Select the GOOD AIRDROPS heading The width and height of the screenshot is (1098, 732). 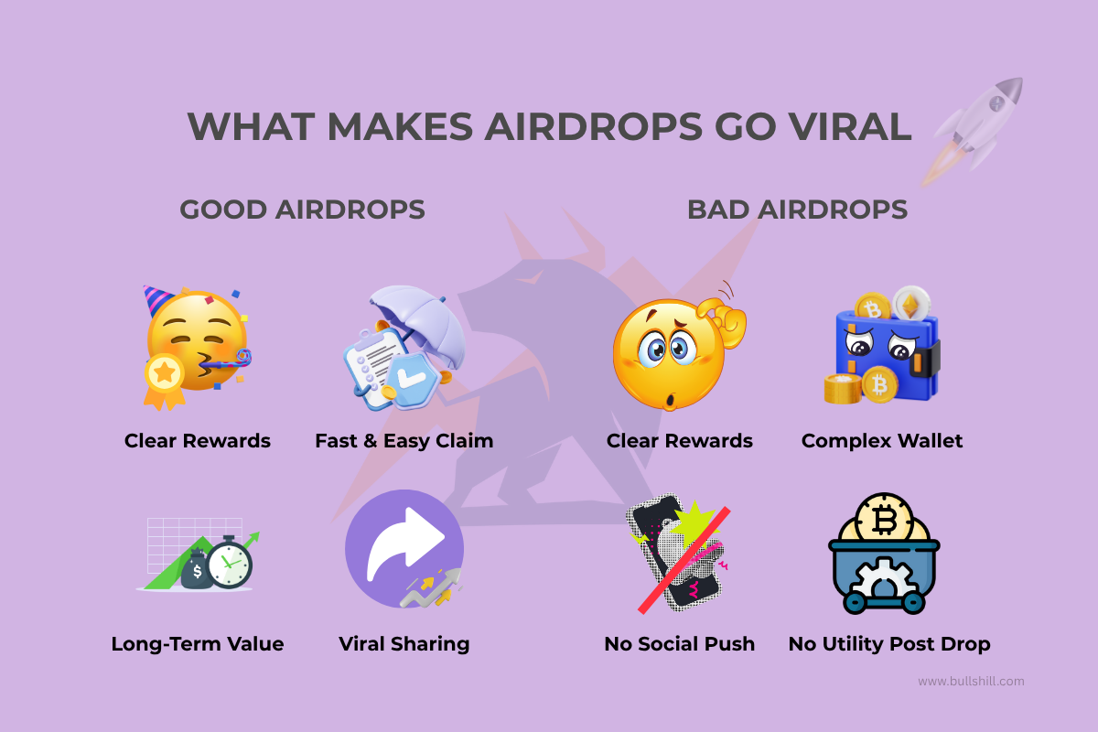click(x=302, y=210)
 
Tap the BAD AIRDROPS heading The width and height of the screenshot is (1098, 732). click(x=797, y=210)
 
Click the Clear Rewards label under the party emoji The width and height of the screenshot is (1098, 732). click(x=198, y=441)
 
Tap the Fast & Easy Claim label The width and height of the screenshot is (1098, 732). click(x=404, y=441)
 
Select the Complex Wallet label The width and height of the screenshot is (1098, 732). click(x=882, y=441)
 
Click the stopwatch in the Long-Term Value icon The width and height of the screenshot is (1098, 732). click(x=229, y=565)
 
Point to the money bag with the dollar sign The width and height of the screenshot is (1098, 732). click(x=196, y=573)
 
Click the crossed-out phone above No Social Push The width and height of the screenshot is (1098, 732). click(x=677, y=554)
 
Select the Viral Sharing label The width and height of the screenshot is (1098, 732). click(x=404, y=644)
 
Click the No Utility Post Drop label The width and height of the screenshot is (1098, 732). click(x=889, y=644)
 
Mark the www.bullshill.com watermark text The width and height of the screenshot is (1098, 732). click(x=971, y=681)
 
